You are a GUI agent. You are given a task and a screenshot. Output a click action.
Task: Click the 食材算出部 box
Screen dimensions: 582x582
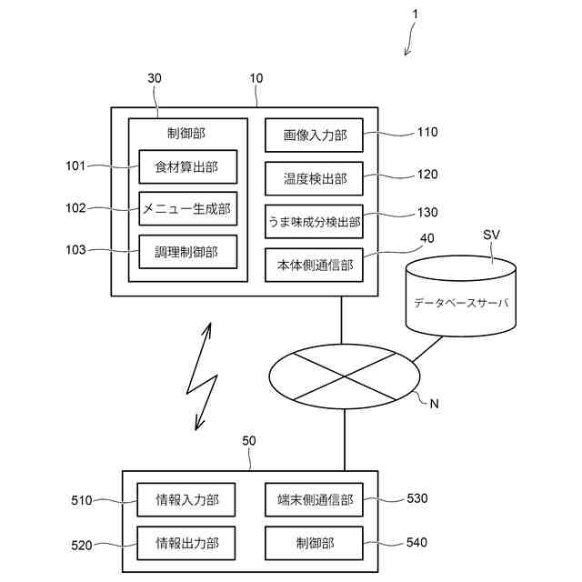[x=187, y=166]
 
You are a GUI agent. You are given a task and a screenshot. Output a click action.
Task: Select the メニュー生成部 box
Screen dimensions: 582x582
[x=187, y=208]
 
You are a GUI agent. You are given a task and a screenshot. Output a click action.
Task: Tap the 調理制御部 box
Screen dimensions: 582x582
[x=187, y=251]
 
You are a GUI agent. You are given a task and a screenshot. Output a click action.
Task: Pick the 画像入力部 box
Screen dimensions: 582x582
[x=314, y=135]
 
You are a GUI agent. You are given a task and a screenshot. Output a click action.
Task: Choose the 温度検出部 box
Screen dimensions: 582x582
[x=314, y=178]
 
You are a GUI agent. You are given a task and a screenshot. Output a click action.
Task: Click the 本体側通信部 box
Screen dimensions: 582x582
[x=314, y=265]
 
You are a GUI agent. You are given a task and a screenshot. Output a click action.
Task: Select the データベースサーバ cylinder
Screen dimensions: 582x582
[x=461, y=295]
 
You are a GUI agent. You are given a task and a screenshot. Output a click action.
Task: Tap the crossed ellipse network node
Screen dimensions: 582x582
[x=345, y=376]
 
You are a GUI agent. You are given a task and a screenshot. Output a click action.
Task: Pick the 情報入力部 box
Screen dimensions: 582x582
[x=187, y=499]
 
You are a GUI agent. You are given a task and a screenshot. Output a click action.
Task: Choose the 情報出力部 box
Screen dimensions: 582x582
[x=187, y=543]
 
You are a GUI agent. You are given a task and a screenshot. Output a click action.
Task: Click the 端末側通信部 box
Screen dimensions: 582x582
[x=314, y=499]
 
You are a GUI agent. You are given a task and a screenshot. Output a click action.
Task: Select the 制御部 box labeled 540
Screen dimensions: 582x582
[x=314, y=543]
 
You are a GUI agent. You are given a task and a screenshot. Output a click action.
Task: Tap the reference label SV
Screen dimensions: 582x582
[x=490, y=236]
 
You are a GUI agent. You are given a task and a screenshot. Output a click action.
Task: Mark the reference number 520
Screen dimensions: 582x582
[x=83, y=546]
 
